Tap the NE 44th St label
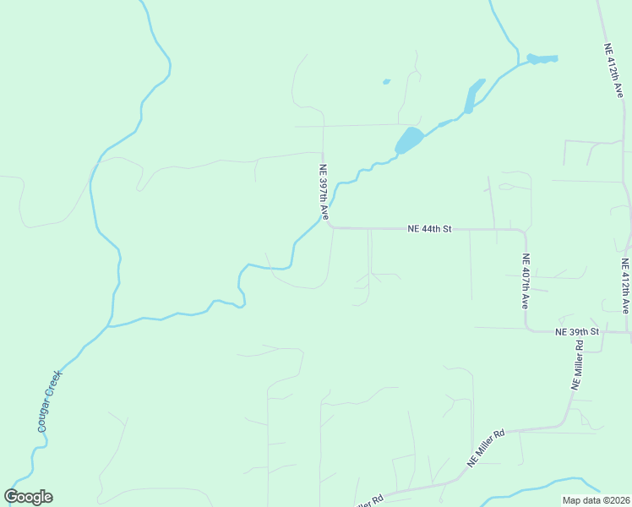click(430, 228)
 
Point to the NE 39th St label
click(576, 331)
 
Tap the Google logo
click(28, 497)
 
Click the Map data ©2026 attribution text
click(595, 500)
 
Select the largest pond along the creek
click(408, 140)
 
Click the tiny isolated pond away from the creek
click(386, 82)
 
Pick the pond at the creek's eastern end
click(542, 59)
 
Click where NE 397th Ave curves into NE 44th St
click(329, 224)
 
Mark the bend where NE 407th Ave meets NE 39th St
click(529, 329)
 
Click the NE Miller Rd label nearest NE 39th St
click(577, 370)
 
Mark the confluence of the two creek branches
click(109, 325)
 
